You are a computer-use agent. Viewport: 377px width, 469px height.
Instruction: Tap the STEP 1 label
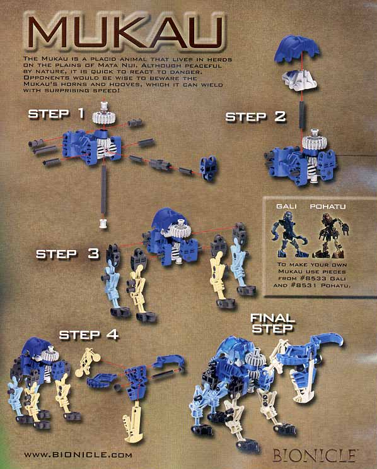click(x=56, y=114)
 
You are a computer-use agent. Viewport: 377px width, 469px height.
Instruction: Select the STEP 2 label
click(x=256, y=117)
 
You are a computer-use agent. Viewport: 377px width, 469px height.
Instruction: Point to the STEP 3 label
click(x=67, y=254)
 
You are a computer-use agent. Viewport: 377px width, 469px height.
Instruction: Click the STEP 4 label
click(x=89, y=335)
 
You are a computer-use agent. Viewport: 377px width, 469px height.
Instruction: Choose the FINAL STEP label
click(x=272, y=323)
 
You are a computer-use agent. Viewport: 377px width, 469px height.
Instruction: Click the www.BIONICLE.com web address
click(x=78, y=455)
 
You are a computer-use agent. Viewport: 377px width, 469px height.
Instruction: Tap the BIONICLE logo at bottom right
click(x=314, y=456)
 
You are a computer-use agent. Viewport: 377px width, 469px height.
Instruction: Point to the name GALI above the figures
click(x=286, y=206)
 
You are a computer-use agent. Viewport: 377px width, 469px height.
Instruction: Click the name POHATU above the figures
click(x=328, y=206)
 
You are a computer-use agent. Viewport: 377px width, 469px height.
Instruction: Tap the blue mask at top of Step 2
click(x=297, y=49)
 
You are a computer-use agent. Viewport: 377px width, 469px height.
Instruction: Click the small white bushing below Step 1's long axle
click(x=103, y=223)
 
